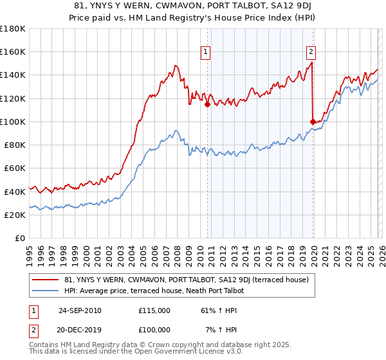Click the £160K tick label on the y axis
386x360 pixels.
coord(13,51)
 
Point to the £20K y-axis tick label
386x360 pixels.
coord(15,215)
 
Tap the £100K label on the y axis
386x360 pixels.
coord(13,122)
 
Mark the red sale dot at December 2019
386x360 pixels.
coord(313,122)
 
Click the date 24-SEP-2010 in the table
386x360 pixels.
coord(80,310)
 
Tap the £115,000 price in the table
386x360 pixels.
coord(154,310)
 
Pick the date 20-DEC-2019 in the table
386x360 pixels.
coord(80,330)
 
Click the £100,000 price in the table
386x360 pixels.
coord(154,330)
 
